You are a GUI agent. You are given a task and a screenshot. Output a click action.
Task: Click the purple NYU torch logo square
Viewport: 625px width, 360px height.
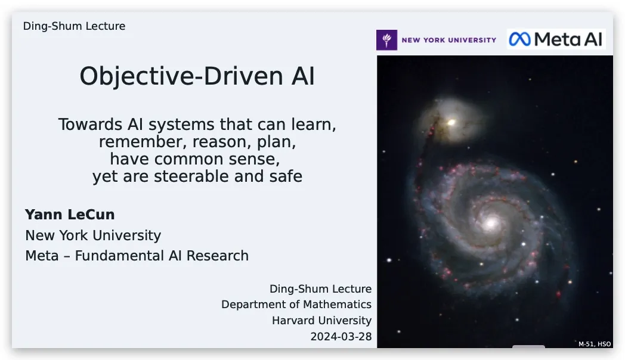386,40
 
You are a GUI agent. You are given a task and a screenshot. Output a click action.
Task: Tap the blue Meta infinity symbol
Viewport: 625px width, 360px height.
520,39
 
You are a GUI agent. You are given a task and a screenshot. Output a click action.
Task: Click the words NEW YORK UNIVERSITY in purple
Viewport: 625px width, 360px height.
449,40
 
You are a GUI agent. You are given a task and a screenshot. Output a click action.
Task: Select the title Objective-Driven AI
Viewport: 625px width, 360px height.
197,76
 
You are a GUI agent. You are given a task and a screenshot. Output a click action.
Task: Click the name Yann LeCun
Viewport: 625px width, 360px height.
70,215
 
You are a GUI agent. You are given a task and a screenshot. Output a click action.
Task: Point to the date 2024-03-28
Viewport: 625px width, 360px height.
341,337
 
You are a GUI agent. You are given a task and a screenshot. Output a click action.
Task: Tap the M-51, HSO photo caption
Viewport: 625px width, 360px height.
595,344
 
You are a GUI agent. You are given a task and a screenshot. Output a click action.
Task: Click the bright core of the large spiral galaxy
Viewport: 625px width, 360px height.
491,222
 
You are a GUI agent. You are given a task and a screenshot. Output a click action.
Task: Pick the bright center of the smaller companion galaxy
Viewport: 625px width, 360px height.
451,122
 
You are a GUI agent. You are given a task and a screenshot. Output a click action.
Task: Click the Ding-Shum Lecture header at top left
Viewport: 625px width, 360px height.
74,26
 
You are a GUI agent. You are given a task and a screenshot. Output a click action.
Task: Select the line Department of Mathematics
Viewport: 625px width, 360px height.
296,305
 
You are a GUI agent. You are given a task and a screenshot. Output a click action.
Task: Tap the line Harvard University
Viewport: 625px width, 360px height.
321,321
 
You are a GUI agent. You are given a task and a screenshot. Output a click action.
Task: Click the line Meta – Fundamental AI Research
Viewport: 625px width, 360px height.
137,256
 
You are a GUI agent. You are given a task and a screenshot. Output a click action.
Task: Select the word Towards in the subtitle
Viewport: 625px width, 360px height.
91,125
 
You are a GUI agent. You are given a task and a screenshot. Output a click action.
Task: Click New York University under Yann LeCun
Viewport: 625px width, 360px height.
93,236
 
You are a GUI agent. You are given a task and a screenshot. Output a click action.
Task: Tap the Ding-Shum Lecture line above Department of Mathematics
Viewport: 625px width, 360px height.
320,288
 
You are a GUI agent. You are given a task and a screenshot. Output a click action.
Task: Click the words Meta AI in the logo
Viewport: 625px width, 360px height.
568,39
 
